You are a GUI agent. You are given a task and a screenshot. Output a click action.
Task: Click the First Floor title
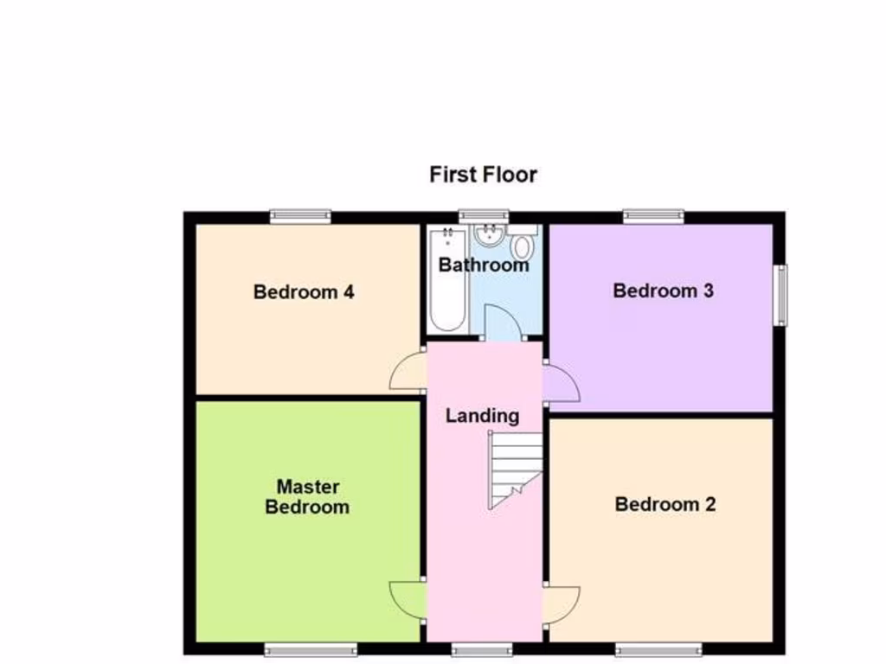(483, 175)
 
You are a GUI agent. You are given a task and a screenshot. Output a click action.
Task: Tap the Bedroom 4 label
(303, 292)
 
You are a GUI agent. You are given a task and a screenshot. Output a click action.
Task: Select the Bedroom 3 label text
(663, 290)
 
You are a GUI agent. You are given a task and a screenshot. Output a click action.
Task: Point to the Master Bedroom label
(307, 497)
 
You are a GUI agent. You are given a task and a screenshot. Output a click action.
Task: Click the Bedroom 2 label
(664, 504)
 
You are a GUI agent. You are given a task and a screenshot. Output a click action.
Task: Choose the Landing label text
(482, 416)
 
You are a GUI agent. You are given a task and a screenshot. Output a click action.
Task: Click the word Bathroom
(483, 265)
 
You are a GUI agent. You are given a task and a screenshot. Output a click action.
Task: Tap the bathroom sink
(490, 233)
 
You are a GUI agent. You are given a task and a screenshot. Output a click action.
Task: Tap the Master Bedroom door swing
(407, 599)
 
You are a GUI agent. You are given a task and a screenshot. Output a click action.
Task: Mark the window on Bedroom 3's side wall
(780, 295)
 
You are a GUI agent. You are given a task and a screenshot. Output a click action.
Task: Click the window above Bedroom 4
(299, 216)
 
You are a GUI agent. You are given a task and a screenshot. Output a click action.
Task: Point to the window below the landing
(481, 648)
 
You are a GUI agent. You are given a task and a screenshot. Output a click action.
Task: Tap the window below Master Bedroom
(311, 648)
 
